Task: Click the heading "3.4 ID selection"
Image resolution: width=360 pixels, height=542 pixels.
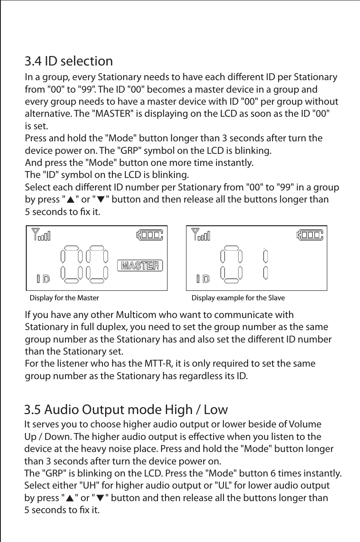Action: pyautogui.click(x=68, y=61)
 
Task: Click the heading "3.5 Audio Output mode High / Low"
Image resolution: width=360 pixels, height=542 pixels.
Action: pyautogui.click(x=126, y=408)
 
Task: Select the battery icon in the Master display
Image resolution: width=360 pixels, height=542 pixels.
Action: pyautogui.click(x=150, y=235)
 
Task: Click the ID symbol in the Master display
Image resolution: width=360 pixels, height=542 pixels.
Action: pyautogui.click(x=43, y=279)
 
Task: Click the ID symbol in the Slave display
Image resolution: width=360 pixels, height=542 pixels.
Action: pyautogui.click(x=203, y=279)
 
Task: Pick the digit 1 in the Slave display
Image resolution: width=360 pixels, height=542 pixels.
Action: pyautogui.click(x=266, y=265)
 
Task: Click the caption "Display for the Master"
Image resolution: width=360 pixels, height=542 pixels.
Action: pyautogui.click(x=64, y=298)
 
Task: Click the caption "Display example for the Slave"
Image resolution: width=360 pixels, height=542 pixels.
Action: pyautogui.click(x=238, y=298)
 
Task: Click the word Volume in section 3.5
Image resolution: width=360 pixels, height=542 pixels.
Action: pyautogui.click(x=304, y=421)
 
